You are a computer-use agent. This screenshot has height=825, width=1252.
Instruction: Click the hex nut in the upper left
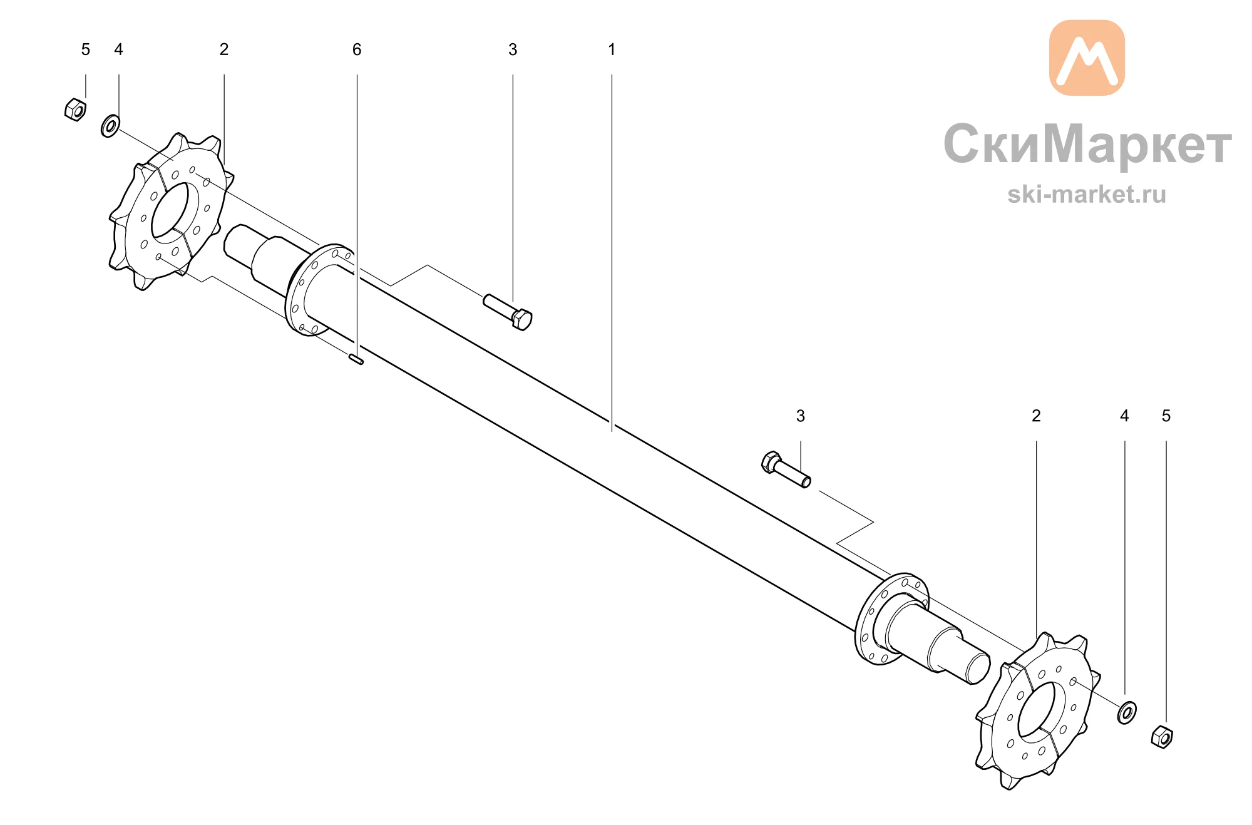coord(75,109)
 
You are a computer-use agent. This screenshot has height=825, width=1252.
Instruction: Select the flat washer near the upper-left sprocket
coord(110,126)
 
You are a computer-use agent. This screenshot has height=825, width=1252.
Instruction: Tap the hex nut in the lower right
coord(1162,737)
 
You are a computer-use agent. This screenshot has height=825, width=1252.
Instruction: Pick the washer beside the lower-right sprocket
coord(1127,712)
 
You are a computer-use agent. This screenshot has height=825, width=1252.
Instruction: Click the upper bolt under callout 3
coord(508,312)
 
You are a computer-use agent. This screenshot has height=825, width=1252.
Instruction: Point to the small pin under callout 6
coord(356,359)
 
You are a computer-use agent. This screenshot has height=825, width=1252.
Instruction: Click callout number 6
coord(357,49)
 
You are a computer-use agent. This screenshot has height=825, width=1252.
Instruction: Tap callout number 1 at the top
coord(612,49)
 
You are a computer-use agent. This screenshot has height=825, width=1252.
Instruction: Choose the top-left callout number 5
coord(86,49)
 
